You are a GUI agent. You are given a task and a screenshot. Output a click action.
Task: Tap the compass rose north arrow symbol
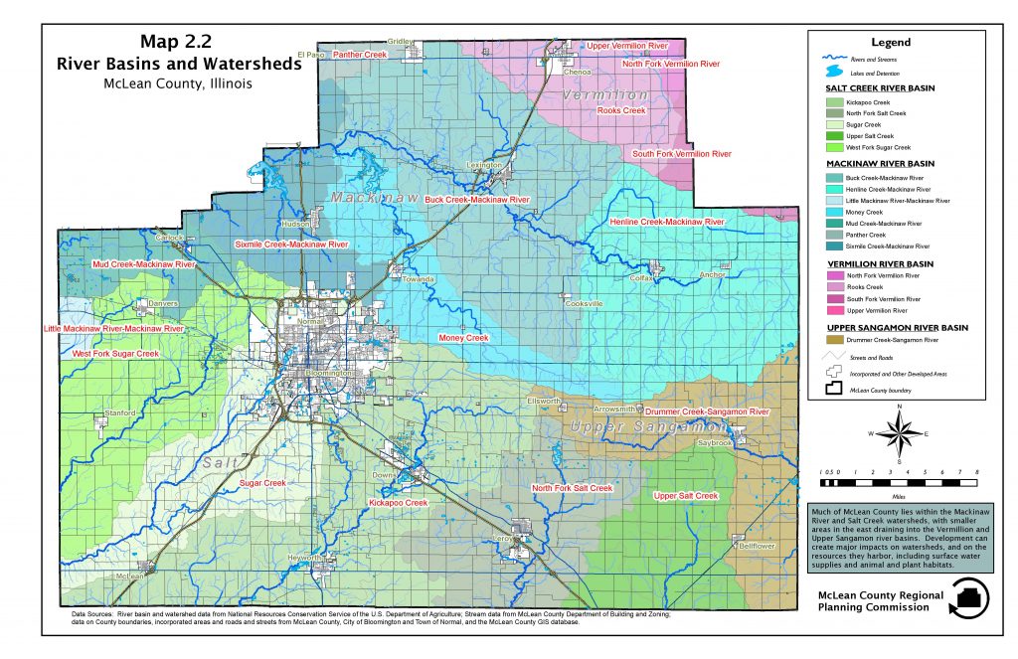pos(899,433)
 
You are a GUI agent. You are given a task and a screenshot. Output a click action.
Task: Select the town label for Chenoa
pos(578,72)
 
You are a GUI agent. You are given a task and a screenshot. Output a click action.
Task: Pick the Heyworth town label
pos(305,559)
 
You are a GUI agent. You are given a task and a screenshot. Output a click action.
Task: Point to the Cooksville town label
pos(585,303)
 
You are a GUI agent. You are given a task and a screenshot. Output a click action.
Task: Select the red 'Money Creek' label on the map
pos(463,339)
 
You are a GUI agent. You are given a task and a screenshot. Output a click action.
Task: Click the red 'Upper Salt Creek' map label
pos(686,495)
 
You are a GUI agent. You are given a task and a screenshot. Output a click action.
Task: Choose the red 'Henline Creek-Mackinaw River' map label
pos(667,222)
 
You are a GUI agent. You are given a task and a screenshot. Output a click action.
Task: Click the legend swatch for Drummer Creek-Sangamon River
pos(834,340)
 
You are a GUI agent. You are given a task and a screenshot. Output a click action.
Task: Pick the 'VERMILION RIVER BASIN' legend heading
pos(880,263)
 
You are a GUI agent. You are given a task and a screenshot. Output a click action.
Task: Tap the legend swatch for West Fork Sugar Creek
pos(834,147)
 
